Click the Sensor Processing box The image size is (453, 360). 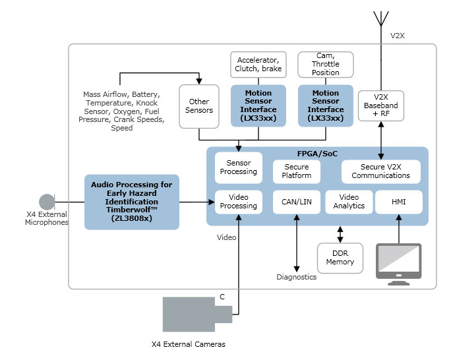[x=239, y=167]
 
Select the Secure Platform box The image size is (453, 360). [x=296, y=171]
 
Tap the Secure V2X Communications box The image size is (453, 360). [x=380, y=171]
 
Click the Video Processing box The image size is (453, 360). [x=239, y=202]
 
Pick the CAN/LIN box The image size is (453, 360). [x=296, y=202]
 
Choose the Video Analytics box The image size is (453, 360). [x=349, y=202]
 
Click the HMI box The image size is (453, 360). [x=398, y=202]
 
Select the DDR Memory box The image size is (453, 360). [x=340, y=257]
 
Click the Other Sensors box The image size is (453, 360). [x=198, y=106]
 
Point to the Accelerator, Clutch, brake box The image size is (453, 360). [x=258, y=64]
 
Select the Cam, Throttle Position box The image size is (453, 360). [x=325, y=64]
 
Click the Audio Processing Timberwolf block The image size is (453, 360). [x=132, y=202]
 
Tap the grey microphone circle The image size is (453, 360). [x=47, y=202]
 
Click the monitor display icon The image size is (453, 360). [x=398, y=262]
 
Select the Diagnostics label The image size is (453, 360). [x=296, y=277]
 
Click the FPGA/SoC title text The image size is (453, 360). [x=317, y=154]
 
